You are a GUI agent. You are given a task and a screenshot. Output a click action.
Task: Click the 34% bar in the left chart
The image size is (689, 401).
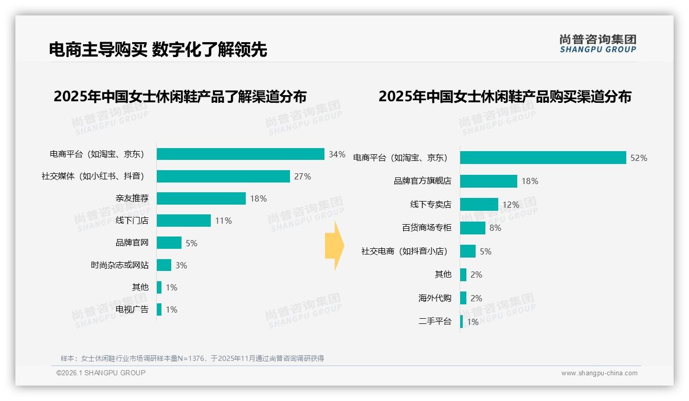(240, 154)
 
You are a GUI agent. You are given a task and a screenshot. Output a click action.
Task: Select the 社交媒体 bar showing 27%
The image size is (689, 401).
(223, 176)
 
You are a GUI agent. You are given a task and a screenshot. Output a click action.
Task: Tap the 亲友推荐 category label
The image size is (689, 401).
(132, 198)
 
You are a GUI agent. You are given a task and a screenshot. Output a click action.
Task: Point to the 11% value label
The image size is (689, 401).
(223, 221)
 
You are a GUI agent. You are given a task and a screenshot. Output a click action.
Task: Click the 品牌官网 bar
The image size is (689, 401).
(169, 243)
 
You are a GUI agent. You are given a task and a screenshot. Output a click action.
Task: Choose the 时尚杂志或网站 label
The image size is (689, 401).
(120, 265)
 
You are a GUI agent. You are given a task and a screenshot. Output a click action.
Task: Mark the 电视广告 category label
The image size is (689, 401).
(132, 309)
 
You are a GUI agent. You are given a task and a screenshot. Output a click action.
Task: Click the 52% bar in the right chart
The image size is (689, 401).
(542, 158)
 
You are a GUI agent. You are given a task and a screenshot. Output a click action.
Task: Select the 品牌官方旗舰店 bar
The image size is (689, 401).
(488, 181)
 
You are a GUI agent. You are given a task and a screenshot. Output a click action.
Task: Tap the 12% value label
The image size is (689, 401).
(511, 205)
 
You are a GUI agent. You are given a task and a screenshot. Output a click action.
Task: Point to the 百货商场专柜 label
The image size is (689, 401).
(427, 228)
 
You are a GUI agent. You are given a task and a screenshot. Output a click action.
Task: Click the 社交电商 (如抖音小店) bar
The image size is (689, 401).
(468, 251)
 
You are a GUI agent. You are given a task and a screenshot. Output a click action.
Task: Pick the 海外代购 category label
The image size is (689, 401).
(435, 298)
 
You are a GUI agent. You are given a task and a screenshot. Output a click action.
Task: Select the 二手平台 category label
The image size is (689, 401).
(435, 322)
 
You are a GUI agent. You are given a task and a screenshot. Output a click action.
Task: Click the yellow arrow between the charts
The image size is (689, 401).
(334, 246)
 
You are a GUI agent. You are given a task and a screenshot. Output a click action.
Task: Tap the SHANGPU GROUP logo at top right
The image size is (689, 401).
(597, 44)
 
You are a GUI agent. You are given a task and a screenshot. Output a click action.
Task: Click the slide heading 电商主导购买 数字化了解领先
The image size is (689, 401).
(158, 49)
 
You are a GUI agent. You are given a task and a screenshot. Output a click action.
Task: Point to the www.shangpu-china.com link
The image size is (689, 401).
(599, 373)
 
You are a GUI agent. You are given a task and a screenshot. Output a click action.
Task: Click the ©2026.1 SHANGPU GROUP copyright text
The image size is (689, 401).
(101, 373)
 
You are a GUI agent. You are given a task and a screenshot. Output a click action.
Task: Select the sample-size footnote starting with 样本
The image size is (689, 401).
(192, 358)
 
